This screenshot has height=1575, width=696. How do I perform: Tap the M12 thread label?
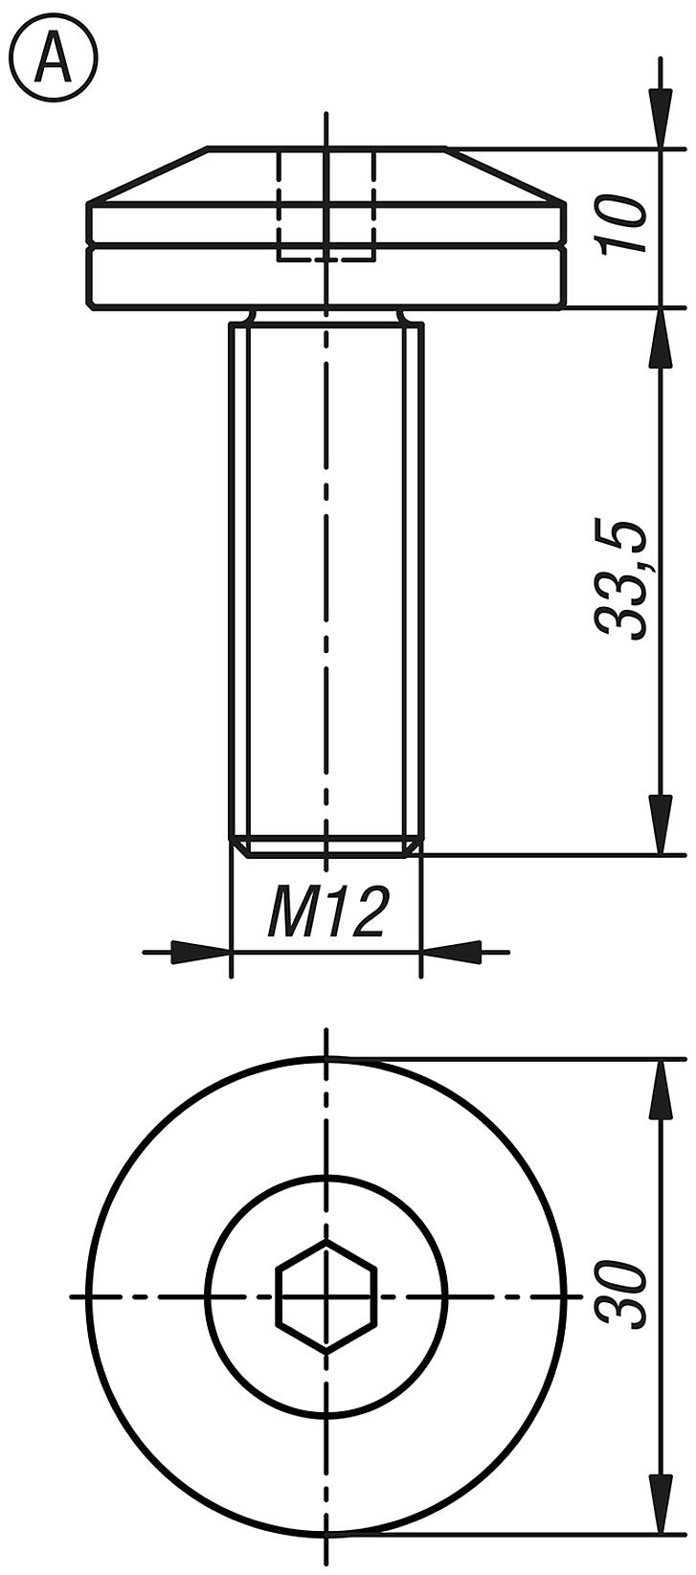tap(327, 911)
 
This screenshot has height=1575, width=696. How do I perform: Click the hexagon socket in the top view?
tap(326, 1295)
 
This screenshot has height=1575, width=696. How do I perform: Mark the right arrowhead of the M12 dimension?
tap(451, 953)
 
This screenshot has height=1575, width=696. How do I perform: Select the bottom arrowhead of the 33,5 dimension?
tap(661, 823)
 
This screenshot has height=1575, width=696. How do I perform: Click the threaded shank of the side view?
tap(326, 574)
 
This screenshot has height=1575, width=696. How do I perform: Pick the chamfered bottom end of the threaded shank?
tap(326, 847)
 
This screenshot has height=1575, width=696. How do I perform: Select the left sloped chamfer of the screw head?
tap(148, 175)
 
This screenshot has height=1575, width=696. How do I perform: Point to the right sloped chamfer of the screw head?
tap(505, 175)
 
